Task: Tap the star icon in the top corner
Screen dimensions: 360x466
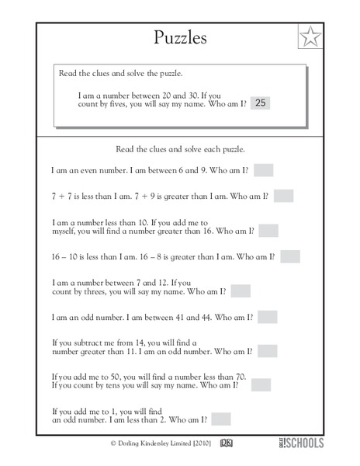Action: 310,37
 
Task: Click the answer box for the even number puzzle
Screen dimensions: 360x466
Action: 263,170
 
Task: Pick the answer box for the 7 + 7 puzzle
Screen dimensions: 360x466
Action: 283,196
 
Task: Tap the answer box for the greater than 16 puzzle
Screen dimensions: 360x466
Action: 268,231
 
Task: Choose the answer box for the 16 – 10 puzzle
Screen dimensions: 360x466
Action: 290,256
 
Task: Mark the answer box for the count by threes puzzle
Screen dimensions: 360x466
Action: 241,291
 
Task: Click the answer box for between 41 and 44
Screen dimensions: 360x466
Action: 267,317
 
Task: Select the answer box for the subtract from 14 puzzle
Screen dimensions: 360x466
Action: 268,351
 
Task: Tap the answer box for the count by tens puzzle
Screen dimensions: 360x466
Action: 261,385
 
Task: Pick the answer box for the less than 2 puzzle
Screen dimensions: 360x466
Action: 221,419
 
